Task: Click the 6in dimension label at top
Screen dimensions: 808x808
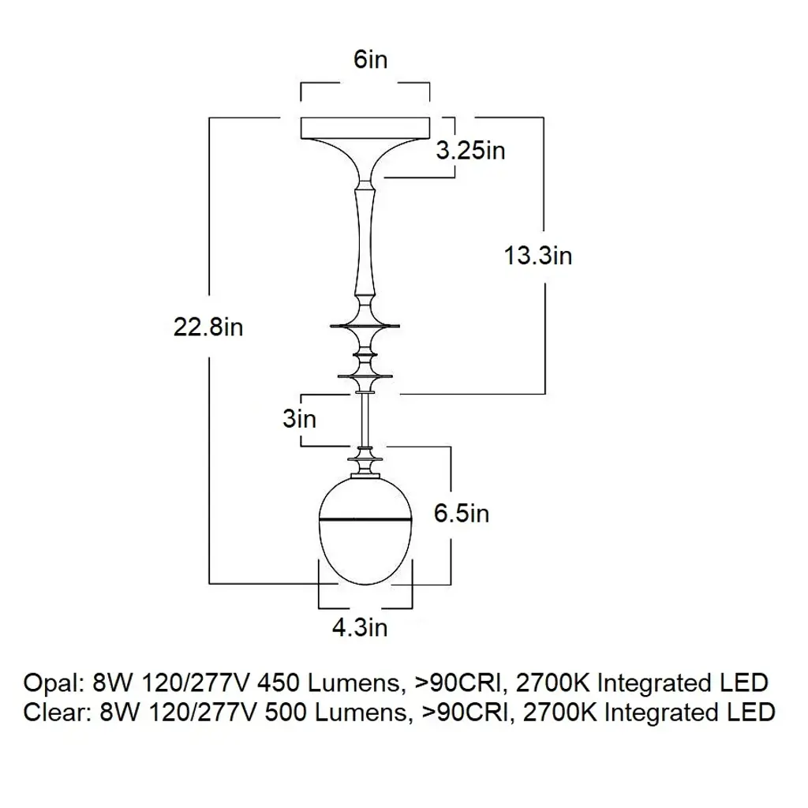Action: click(370, 60)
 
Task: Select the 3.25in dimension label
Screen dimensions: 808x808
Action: click(470, 150)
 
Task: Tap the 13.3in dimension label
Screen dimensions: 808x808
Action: click(538, 256)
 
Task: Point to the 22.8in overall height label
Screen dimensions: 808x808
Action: click(208, 326)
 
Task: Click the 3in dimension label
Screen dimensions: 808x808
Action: click(299, 418)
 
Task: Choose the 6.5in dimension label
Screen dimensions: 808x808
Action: click(462, 513)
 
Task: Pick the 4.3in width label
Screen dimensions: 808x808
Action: click(359, 628)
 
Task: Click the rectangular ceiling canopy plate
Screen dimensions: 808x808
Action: click(365, 128)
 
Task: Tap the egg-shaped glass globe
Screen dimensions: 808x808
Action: click(365, 552)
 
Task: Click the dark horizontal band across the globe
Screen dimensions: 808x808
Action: click(365, 520)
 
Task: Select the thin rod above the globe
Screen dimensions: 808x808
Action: click(365, 418)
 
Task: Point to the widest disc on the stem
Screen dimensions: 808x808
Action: click(365, 325)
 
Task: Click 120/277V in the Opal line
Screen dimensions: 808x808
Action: click(194, 683)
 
